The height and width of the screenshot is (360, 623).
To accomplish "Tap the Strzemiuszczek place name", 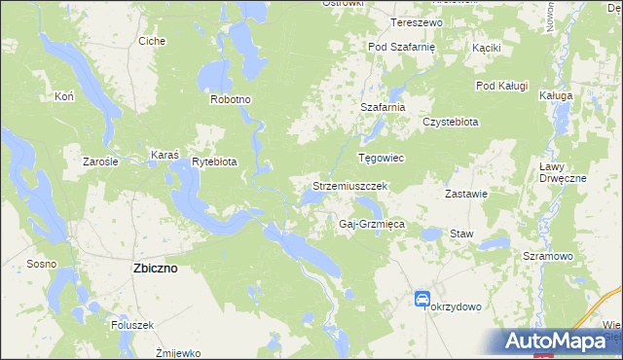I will click(350, 185).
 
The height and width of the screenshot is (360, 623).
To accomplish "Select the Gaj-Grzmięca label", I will click(371, 224).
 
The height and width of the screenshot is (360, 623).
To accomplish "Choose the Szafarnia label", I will click(382, 107).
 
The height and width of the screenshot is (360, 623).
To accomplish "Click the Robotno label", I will click(231, 99).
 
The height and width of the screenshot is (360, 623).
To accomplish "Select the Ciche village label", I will click(152, 41).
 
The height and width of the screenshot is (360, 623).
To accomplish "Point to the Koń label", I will click(65, 97).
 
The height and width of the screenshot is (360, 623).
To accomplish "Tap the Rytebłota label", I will click(214, 162).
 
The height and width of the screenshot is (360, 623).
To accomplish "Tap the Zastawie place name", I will click(466, 193).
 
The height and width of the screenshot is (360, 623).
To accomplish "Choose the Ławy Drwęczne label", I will click(562, 172).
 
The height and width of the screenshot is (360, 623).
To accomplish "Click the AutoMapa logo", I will click(559, 341).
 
